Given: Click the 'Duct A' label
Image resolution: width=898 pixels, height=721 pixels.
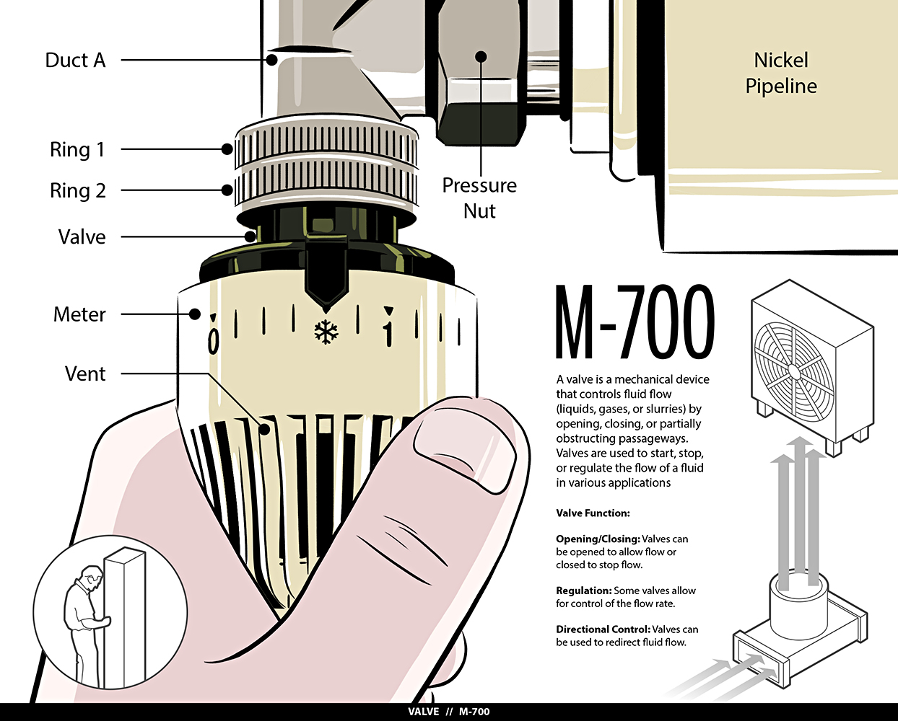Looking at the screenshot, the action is pos(75,60).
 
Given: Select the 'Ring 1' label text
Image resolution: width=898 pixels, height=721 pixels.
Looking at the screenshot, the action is pos(77,150).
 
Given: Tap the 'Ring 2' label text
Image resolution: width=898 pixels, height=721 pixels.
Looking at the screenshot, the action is pos(78,190).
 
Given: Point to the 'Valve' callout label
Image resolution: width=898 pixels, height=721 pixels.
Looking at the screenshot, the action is pos(82,236).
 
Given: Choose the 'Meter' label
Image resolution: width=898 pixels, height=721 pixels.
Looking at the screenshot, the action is pos(79,314).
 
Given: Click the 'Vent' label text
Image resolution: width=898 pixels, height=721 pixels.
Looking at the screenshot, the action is pos(85,373).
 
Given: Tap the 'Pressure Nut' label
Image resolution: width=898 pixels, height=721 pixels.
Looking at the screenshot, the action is pos(479,198).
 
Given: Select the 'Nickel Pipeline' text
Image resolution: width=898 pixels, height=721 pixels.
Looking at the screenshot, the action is pos(781,73).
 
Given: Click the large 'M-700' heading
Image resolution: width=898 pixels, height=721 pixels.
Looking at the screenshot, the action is pos(635,322).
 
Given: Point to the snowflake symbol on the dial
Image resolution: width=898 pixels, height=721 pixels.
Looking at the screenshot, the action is pos(326,332).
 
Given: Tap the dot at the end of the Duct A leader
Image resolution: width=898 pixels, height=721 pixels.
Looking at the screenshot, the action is pos(271,60).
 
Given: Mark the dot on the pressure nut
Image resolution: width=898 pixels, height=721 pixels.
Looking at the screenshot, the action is pos(481,56).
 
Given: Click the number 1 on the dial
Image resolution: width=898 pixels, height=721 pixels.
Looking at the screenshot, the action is pos(389,335).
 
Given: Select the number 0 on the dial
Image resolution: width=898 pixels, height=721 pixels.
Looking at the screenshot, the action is pos(213,341).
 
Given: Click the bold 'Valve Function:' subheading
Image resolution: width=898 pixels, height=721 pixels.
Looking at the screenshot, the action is pos(593,513).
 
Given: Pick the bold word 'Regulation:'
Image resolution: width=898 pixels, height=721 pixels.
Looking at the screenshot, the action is pos(584,591).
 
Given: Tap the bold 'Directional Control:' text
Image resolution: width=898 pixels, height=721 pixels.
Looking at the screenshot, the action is pos(603,629).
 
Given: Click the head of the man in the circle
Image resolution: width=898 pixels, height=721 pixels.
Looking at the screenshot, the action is pos(92,578).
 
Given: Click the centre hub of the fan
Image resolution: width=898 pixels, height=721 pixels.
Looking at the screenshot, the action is pos(792,370).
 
